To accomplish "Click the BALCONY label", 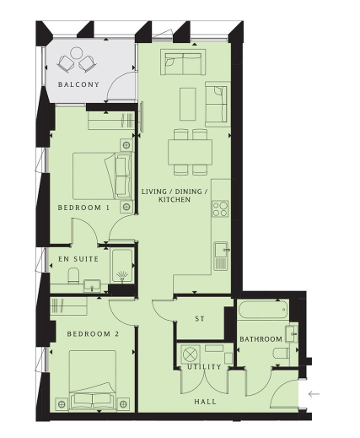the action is pyautogui.click(x=78, y=84).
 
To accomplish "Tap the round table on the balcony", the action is pyautogui.click(x=76, y=53).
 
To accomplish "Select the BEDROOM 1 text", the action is pyautogui.click(x=83, y=208).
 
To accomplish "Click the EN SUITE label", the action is pyautogui.click(x=78, y=259).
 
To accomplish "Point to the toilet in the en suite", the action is pyautogui.click(x=74, y=275).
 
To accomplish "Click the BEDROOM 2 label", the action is pyautogui.click(x=93, y=334).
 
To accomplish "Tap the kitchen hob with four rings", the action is pyautogui.click(x=220, y=209).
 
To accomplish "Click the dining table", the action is pyautogui.click(x=191, y=152).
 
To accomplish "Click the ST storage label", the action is pyautogui.click(x=200, y=319).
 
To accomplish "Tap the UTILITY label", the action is pyautogui.click(x=204, y=367).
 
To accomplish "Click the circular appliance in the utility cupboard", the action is pyautogui.click(x=190, y=354).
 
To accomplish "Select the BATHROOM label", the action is pyautogui.click(x=261, y=339).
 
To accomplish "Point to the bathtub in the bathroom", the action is pyautogui.click(x=263, y=310).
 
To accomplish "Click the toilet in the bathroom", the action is pyautogui.click(x=281, y=354).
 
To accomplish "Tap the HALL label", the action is pyautogui.click(x=206, y=402).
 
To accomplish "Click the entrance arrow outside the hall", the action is pyautogui.click(x=314, y=394).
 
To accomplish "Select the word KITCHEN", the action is pyautogui.click(x=175, y=200).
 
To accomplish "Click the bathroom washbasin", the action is pyautogui.click(x=292, y=333).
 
